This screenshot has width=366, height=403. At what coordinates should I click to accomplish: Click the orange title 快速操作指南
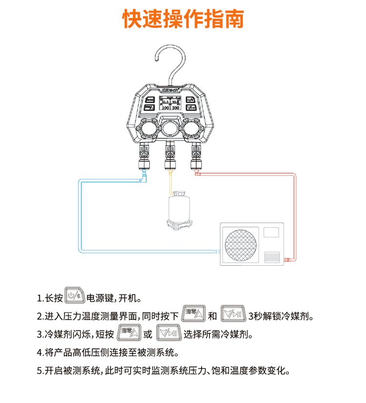[183, 20]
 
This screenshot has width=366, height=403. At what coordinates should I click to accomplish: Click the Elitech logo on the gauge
[169, 90]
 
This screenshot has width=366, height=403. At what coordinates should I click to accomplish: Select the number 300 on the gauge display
[176, 107]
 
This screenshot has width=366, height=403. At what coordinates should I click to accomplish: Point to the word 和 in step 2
[212, 316]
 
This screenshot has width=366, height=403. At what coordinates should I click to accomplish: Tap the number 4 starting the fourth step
[39, 352]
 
